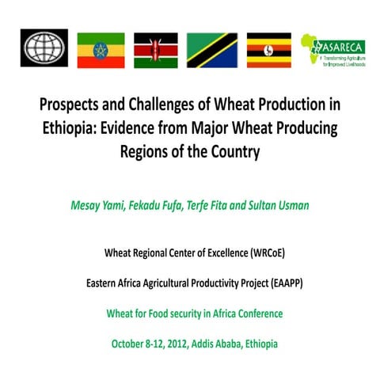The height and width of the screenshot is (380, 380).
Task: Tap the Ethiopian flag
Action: [101, 49]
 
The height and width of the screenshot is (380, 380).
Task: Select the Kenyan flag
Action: [155, 49]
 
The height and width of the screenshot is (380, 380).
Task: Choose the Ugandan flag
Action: [268, 49]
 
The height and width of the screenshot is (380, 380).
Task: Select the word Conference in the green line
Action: [256, 313]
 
